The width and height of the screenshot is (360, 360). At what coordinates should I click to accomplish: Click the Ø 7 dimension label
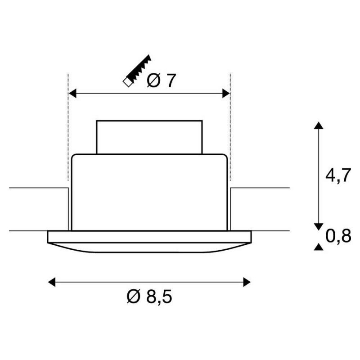pyautogui.click(x=161, y=81)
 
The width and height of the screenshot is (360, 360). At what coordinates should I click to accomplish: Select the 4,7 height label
pyautogui.click(x=338, y=175)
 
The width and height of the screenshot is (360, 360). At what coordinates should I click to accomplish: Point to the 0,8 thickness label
pyautogui.click(x=338, y=236)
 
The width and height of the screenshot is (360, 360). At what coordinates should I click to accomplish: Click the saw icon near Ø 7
pyautogui.click(x=137, y=71)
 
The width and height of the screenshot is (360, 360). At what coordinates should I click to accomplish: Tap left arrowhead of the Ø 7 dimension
pyautogui.click(x=72, y=94)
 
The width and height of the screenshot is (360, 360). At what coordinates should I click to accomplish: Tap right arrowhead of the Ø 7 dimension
pyautogui.click(x=226, y=94)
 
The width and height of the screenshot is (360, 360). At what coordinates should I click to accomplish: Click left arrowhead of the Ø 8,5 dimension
pyautogui.click(x=52, y=282)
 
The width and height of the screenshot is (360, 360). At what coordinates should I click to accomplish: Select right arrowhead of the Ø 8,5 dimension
pyautogui.click(x=247, y=282)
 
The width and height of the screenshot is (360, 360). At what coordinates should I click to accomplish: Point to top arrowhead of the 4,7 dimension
pyautogui.click(x=319, y=126)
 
